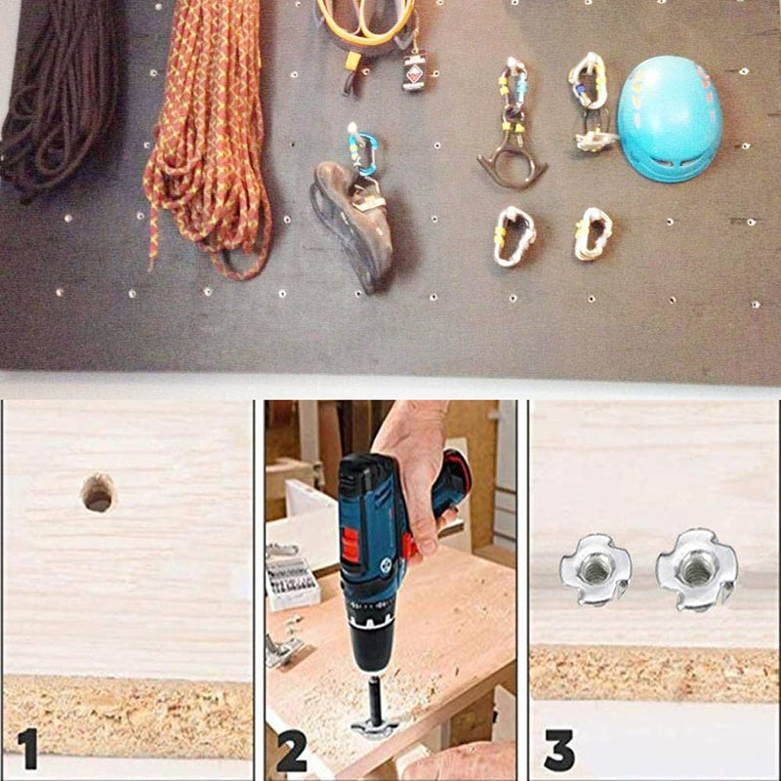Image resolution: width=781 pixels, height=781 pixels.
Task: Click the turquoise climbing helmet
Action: (670, 118)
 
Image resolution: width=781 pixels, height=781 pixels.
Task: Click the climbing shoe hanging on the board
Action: (352, 225)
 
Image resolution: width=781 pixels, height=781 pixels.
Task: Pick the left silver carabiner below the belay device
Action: (514, 236)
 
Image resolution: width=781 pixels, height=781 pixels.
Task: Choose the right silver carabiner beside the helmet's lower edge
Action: (594, 234)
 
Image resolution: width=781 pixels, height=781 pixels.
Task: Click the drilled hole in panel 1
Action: (99, 493)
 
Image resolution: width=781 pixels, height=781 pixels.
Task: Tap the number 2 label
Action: (292, 751)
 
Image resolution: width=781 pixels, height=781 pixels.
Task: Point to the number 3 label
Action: (559, 751)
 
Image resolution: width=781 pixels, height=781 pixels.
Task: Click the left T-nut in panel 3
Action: (596, 569)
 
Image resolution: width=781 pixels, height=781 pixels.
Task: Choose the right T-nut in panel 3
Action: (696, 569)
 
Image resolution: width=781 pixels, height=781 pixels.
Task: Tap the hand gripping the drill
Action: (418, 478)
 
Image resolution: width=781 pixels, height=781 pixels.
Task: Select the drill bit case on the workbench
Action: (292, 583)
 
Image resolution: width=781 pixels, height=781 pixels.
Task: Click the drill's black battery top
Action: (359, 472)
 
